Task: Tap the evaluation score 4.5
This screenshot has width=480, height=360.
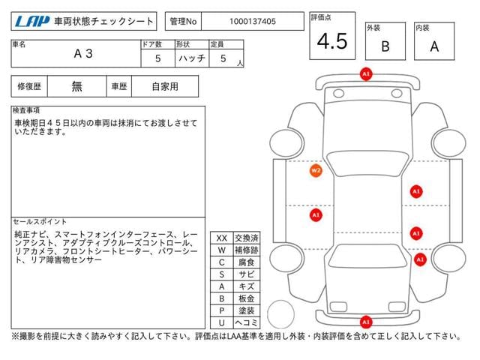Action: click(331, 42)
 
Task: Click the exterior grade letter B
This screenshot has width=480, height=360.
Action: click(385, 46)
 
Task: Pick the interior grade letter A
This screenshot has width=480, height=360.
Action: click(434, 46)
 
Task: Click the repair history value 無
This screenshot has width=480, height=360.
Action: click(76, 86)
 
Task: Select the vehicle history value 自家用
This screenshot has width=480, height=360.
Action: click(165, 86)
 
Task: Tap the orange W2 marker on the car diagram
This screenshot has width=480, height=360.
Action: click(316, 170)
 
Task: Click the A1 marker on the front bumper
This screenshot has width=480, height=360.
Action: click(366, 74)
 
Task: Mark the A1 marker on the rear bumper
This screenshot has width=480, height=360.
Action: click(366, 322)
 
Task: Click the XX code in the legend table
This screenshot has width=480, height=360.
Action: click(221, 238)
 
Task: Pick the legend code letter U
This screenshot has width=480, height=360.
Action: click(221, 322)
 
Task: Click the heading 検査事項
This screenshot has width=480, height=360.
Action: click(28, 111)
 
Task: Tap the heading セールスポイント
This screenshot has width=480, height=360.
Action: click(40, 222)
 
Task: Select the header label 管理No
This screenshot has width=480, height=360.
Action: click(182, 22)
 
